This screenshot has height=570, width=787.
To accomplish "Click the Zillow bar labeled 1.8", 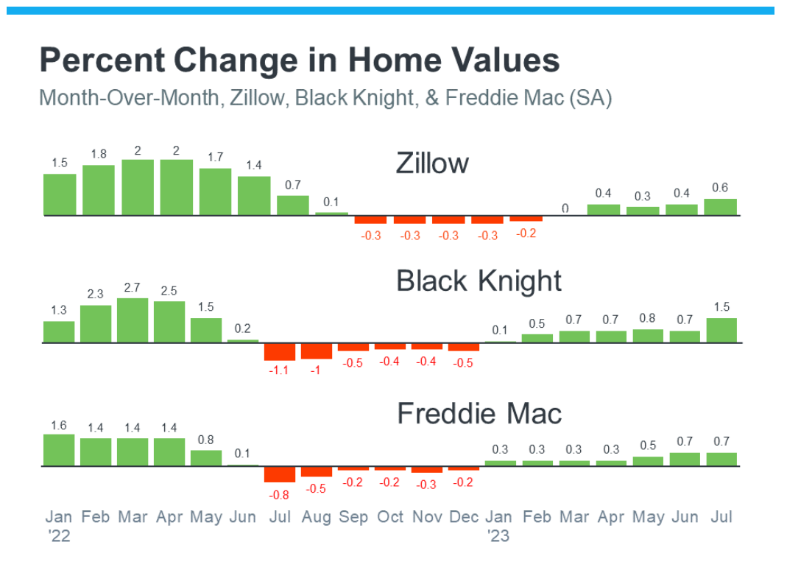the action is (x=99, y=190).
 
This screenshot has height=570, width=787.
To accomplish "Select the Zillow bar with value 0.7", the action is (x=293, y=205).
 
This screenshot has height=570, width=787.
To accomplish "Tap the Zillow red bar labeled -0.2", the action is (x=526, y=219).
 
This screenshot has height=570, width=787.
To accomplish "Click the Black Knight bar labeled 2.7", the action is (x=133, y=320).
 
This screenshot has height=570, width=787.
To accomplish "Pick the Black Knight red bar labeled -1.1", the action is (x=280, y=351).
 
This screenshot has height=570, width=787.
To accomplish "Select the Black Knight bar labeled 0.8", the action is (x=648, y=336).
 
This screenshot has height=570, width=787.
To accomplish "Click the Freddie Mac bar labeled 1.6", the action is (x=59, y=450).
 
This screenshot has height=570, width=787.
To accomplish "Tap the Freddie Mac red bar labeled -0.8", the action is (x=280, y=474).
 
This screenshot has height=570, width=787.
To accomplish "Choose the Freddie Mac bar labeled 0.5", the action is (x=648, y=462).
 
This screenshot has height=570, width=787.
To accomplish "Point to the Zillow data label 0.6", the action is (x=720, y=187).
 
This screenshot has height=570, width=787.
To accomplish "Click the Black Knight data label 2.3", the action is (x=96, y=294).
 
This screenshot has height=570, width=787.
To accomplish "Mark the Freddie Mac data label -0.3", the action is (x=426, y=484).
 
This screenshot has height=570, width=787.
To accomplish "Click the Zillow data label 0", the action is (x=565, y=208).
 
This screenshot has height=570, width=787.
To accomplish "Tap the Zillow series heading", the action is (x=432, y=163).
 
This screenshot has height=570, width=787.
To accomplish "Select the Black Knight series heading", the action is (x=479, y=281).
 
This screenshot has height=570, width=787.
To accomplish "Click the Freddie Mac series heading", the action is (x=479, y=413).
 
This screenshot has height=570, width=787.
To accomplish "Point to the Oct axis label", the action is (x=390, y=517).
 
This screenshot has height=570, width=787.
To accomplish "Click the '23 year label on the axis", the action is (x=498, y=536).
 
